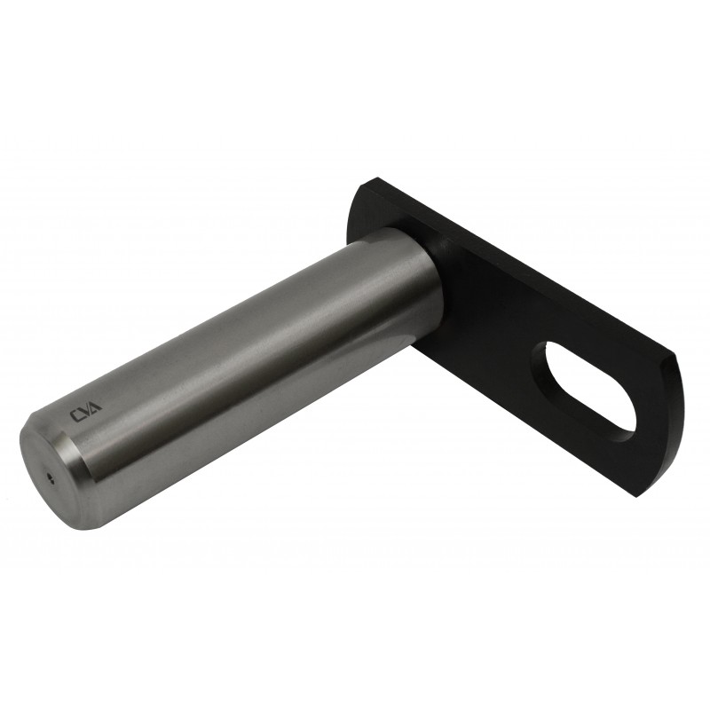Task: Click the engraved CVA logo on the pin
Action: tap(85, 410)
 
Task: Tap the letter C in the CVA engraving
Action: tap(75, 416)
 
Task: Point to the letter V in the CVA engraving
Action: tap(85, 410)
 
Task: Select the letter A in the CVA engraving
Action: tap(96, 405)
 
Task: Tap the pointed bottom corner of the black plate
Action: tap(637, 498)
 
